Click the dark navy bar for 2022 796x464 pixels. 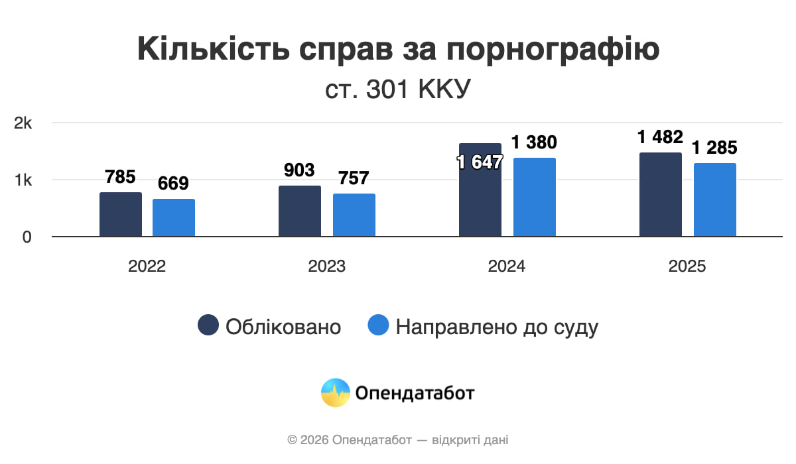pos(121,214)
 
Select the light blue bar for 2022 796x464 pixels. pos(174,217)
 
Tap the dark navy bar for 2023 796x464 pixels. pos(300,211)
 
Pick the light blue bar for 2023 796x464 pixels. pos(354,215)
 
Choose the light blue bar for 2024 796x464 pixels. pos(535,197)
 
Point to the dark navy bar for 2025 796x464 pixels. pos(661,194)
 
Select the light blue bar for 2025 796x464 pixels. pos(715,200)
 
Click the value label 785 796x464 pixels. pos(120,177)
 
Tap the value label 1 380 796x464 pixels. pos(534,142)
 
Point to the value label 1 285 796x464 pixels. pos(714,148)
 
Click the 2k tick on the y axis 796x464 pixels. pos(23,123)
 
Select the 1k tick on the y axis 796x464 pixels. pos(23,180)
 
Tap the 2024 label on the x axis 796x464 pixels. pos(507,266)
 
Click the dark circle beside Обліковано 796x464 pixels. pos(208,325)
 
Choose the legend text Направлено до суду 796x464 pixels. pos(497,327)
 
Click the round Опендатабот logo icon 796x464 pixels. pos(335,392)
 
